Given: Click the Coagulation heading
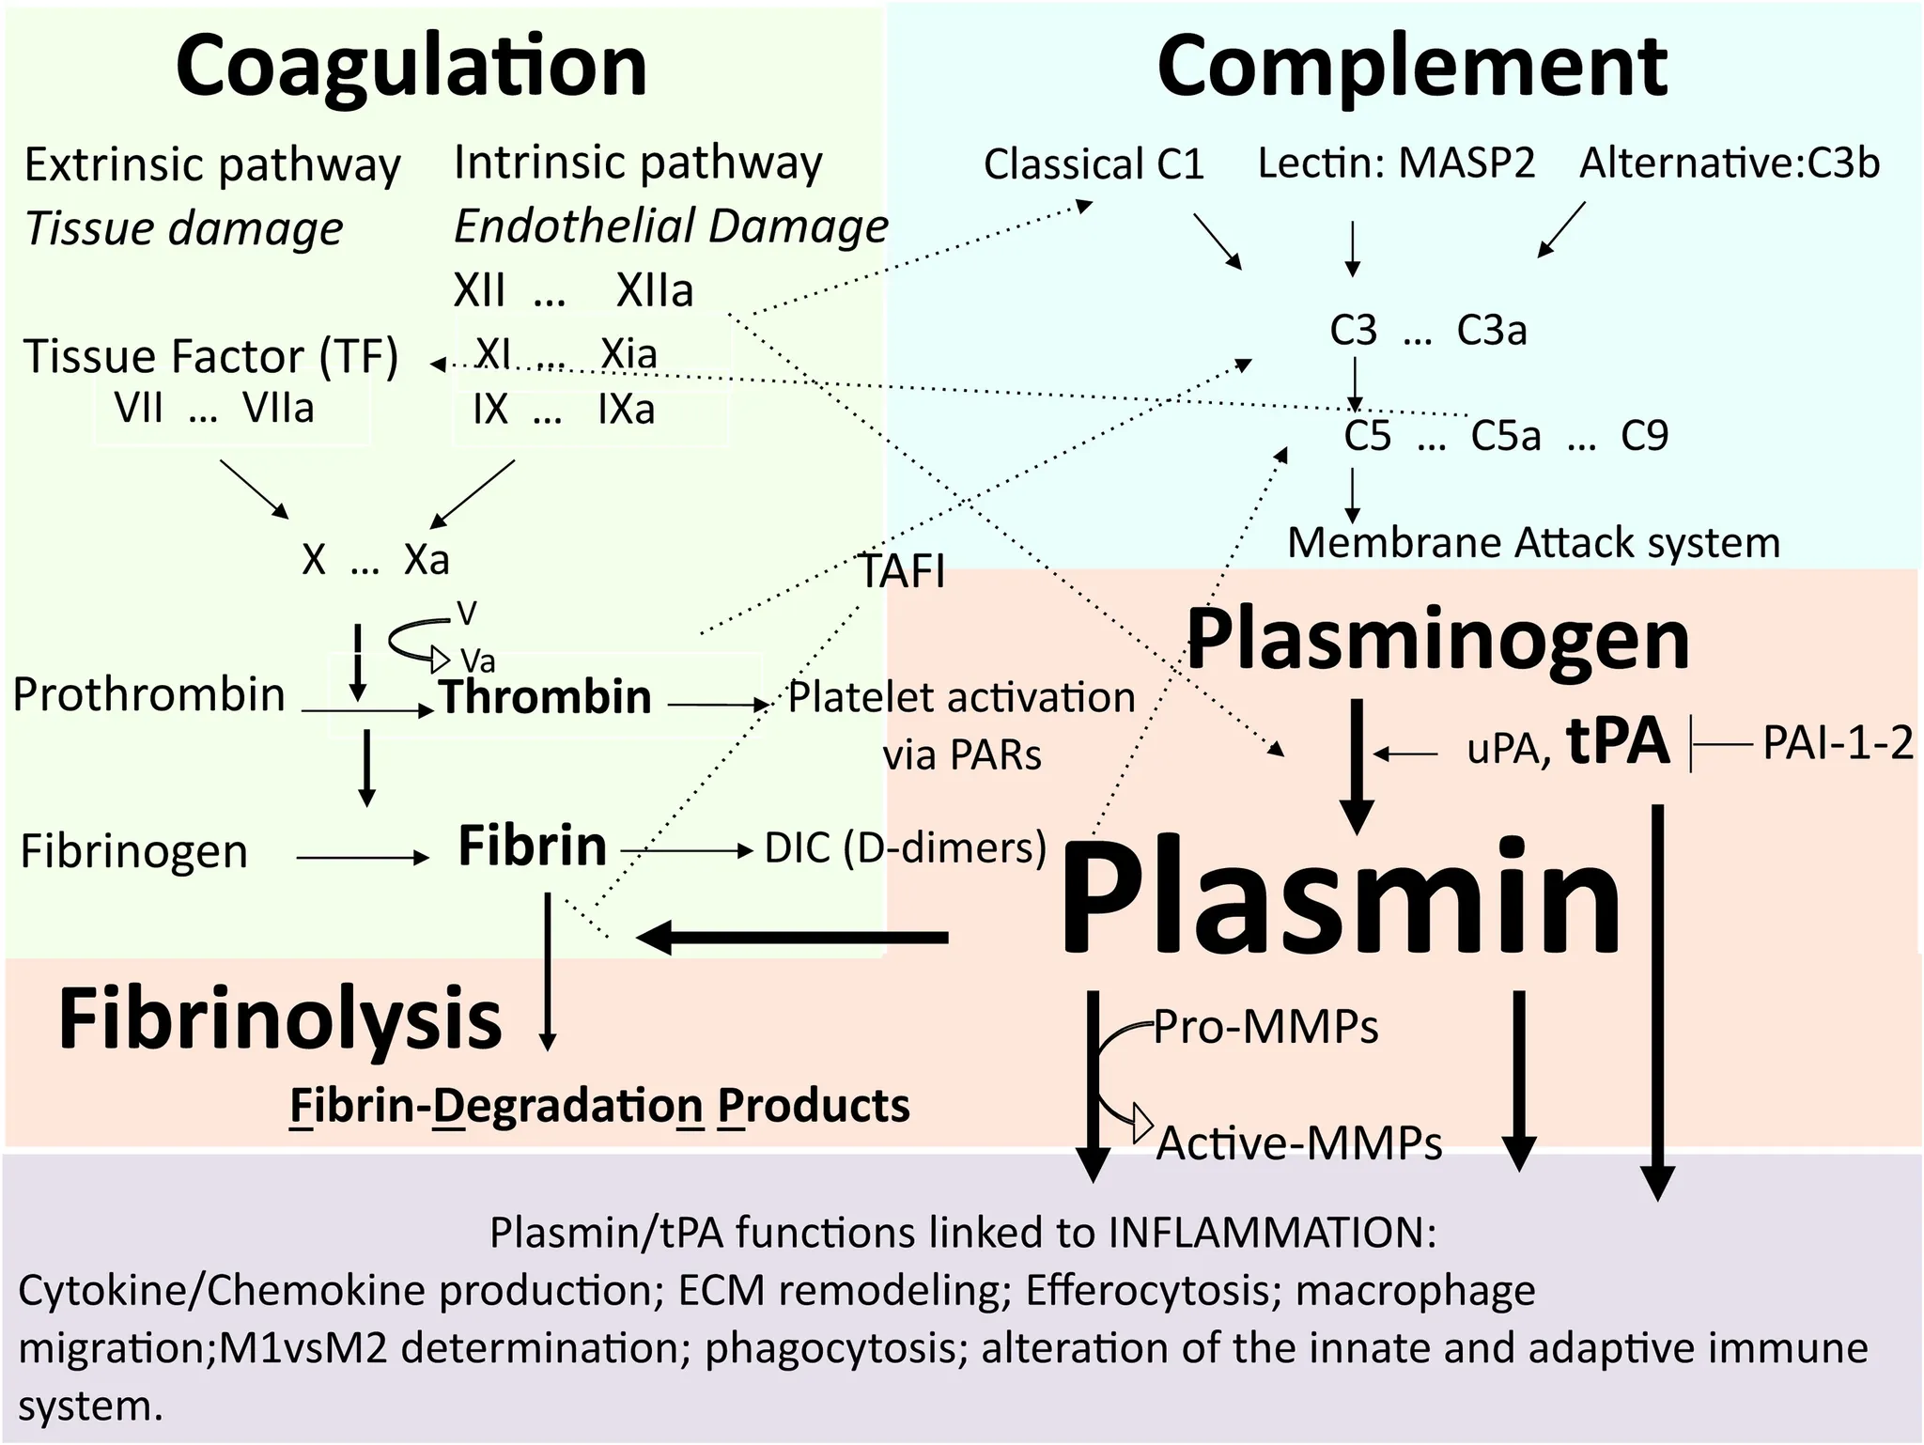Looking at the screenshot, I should [x=411, y=66].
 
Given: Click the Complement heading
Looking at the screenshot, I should [x=1412, y=66].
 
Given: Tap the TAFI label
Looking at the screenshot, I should [x=903, y=571].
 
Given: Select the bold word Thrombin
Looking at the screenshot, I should [x=545, y=697].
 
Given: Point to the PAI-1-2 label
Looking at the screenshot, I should [x=1838, y=743].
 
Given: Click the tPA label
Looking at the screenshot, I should [x=1618, y=741].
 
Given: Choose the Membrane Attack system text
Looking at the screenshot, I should [x=1533, y=543].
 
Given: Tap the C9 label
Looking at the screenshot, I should [x=1644, y=436].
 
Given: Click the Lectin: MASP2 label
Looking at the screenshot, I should [x=1396, y=163].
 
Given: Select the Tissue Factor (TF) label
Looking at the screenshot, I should [x=211, y=356].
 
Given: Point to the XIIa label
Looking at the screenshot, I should [x=655, y=290].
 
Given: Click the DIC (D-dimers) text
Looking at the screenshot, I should [x=906, y=847].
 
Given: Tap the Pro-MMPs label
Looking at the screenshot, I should [x=1265, y=1027].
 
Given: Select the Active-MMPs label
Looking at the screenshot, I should [x=1299, y=1143].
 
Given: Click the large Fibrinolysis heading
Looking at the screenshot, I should [x=280, y=1019].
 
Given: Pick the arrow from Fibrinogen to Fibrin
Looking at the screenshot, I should [x=362, y=857].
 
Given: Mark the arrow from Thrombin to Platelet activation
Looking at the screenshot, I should [x=719, y=704].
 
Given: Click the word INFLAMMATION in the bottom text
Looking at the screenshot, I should [x=1273, y=1233].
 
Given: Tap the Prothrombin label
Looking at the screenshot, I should [x=148, y=695].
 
